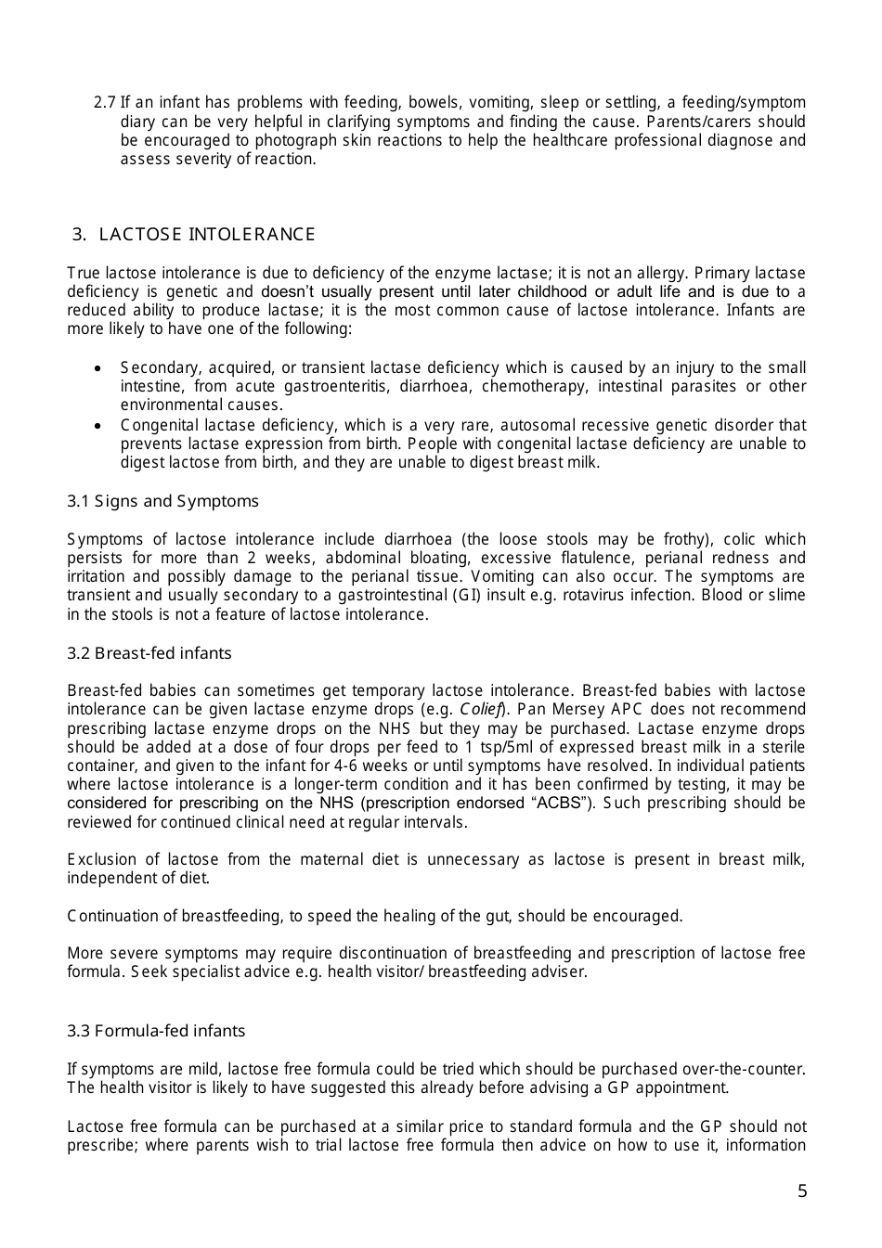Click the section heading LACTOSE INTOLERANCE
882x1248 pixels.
pos(206,235)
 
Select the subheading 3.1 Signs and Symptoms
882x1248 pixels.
pos(162,501)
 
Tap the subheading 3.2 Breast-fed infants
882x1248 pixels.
pos(149,653)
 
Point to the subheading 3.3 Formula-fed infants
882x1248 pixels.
pos(156,1031)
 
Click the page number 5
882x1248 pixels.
pos(802,1191)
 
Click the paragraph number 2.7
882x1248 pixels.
pos(105,103)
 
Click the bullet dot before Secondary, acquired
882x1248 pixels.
pos(97,368)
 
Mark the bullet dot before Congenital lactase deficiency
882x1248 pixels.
pos(97,426)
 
